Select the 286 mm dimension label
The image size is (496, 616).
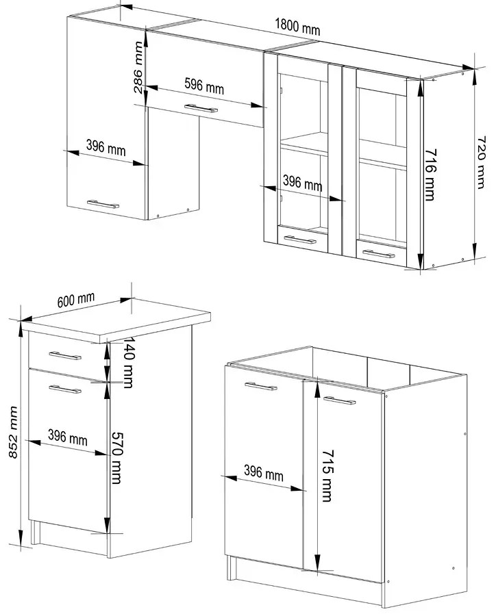click(138, 68)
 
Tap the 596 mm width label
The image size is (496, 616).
click(204, 86)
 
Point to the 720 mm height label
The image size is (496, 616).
click(481, 162)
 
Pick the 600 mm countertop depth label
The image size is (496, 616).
click(76, 300)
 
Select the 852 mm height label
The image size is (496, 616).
click(13, 432)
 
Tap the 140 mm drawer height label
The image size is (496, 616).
click(129, 362)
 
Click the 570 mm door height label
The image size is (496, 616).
click(116, 458)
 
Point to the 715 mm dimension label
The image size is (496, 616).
click(327, 476)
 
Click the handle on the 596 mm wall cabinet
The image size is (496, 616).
click(201, 108)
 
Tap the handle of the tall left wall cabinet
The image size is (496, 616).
click(103, 204)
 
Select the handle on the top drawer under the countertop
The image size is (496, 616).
click(65, 356)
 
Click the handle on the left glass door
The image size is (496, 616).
click(300, 240)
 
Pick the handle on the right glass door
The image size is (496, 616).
click(378, 254)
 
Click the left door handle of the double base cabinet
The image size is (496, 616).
click(260, 387)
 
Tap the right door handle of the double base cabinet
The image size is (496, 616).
click(339, 400)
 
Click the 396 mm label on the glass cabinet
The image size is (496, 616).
click(303, 183)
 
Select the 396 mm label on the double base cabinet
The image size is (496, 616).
click(264, 473)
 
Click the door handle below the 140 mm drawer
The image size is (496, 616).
click(65, 389)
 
